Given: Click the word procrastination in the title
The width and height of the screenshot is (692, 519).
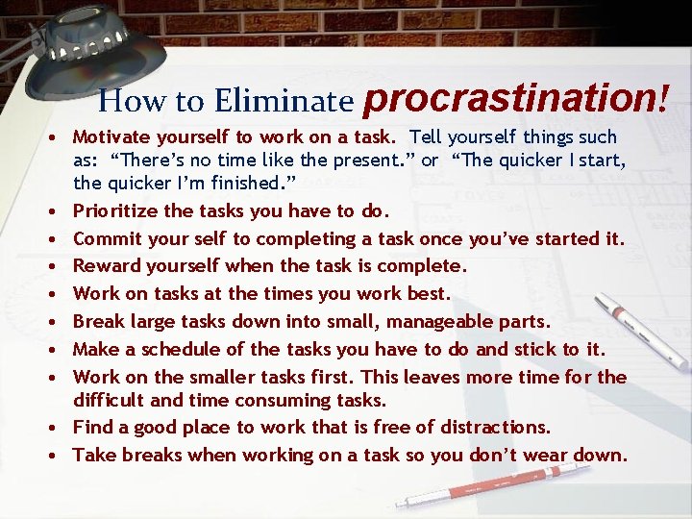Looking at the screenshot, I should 510,99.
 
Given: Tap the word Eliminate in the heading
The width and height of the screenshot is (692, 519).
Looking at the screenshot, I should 284,100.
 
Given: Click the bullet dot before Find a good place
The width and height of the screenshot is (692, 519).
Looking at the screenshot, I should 61,428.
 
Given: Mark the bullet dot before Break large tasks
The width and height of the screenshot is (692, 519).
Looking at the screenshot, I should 61,322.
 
